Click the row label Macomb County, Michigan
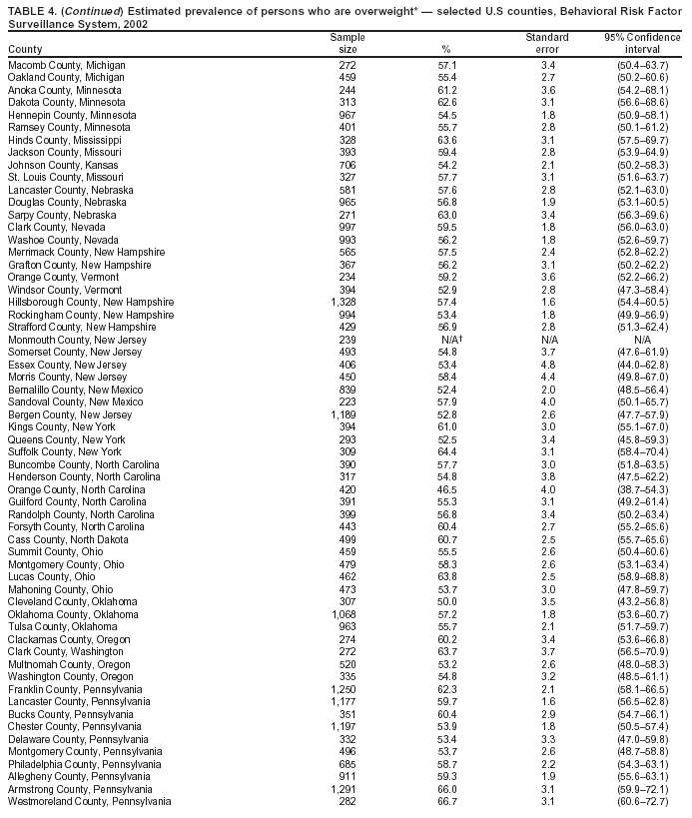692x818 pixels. [66, 64]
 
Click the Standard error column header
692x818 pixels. [547, 43]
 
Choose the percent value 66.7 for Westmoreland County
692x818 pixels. [446, 802]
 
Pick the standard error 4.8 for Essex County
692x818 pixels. [547, 366]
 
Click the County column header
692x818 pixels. [25, 50]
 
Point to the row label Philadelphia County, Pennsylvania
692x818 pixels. [84, 764]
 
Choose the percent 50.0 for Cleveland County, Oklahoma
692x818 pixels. [446, 603]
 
